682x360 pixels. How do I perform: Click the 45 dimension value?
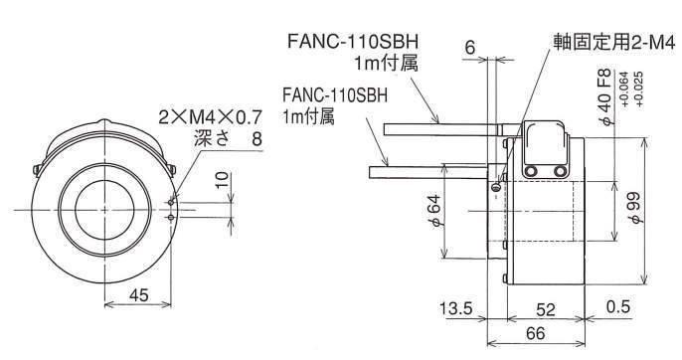139,295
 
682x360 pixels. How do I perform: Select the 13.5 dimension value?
455,308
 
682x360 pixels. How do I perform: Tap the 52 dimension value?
546,309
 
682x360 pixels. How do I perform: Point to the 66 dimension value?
535,333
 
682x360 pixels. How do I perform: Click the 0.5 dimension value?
618,306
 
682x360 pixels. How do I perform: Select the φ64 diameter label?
435,210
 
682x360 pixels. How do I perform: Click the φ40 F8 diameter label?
605,96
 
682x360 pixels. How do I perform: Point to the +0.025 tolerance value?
638,89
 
